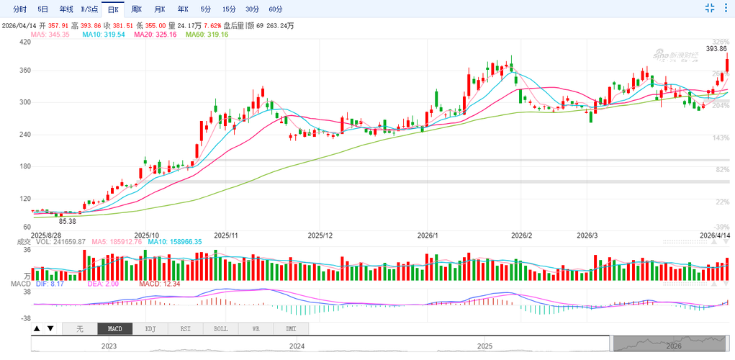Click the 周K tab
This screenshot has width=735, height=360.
coord(136,9)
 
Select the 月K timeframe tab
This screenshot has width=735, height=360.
coord(159,9)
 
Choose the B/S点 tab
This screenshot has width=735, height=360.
coord(90,9)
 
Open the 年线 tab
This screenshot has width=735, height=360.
coord(66,9)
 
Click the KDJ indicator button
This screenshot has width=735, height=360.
coord(150,329)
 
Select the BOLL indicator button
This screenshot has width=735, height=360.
coord(220,329)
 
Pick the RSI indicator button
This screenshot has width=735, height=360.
coord(185,329)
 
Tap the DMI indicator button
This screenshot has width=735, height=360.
coord(291,329)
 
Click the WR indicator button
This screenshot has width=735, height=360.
coord(256,329)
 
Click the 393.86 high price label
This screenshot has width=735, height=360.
coord(716,49)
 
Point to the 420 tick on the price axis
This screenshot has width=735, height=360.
coord(25,42)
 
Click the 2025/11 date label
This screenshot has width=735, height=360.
coord(225,235)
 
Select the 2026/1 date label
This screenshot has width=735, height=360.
coord(428,235)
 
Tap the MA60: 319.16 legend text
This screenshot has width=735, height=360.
coord(207,35)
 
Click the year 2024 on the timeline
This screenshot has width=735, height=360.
coord(296,346)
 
